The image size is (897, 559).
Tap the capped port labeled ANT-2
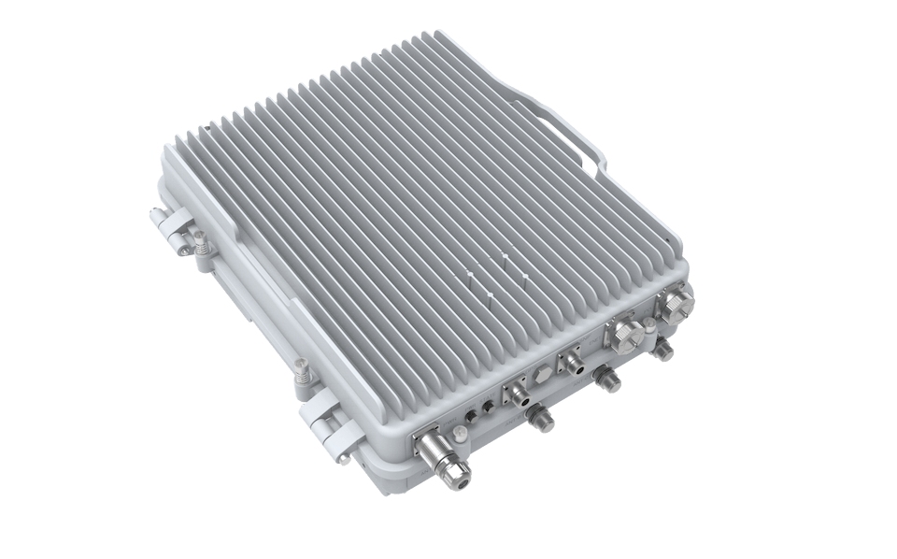pyautogui.click(x=609, y=380)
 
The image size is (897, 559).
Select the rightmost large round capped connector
pyautogui.click(x=675, y=304)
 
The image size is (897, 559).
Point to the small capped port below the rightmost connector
pyautogui.click(x=663, y=350)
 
